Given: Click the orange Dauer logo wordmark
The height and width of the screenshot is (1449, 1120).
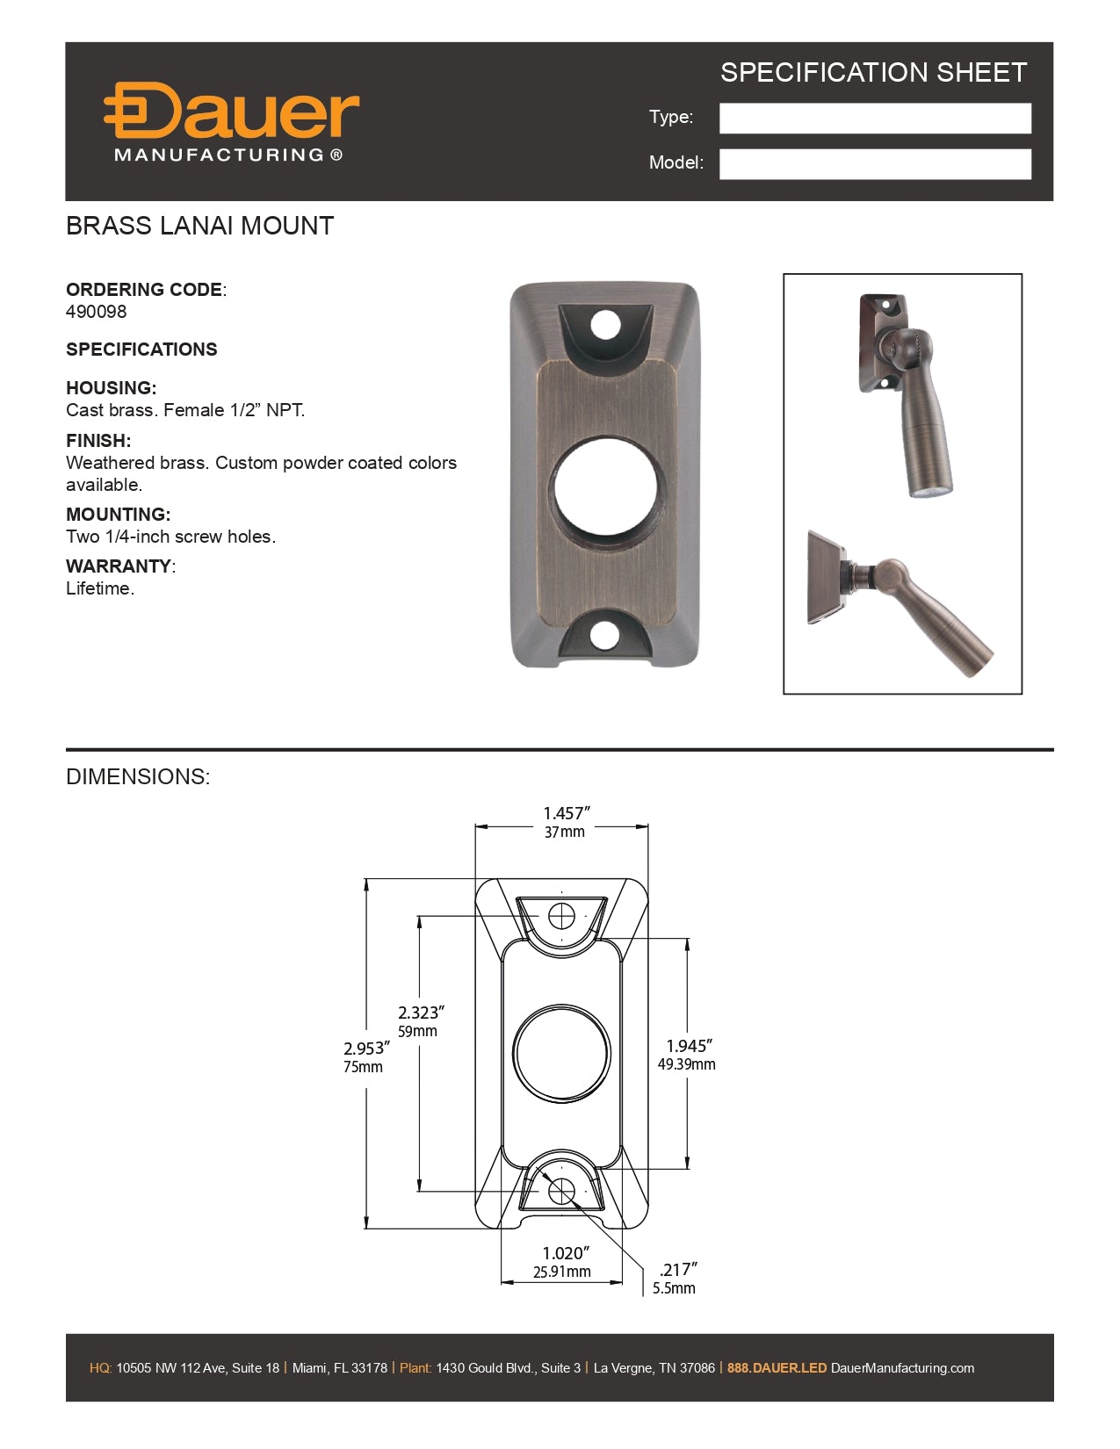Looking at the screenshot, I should (x=232, y=112).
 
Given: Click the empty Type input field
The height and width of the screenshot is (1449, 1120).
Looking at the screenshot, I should (x=875, y=119).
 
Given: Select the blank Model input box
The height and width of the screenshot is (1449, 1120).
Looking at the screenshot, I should (x=875, y=164).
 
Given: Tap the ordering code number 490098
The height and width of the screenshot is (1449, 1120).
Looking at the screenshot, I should (x=97, y=312).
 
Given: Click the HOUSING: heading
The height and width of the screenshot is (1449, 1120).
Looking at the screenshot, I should (x=111, y=388).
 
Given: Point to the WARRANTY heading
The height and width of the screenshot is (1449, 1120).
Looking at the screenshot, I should (x=119, y=566).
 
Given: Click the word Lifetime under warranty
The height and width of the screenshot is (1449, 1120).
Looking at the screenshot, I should (x=98, y=589).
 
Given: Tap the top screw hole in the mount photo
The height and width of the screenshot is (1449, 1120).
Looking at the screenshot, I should (x=605, y=325).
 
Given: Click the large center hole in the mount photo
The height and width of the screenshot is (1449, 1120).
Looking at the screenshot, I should (x=605, y=488).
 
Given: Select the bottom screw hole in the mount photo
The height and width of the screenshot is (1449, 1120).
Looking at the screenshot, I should (x=604, y=636).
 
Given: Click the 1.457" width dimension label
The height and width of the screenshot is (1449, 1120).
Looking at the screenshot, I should (x=566, y=814).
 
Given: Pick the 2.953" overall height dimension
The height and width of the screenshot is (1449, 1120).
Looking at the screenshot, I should (x=365, y=1049).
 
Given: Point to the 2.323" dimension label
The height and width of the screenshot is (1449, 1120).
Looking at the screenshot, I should (x=421, y=1013).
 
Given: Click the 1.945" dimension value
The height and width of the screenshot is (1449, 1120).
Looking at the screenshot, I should (x=689, y=1046).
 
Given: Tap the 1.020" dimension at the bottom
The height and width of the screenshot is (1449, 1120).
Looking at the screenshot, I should (x=565, y=1253).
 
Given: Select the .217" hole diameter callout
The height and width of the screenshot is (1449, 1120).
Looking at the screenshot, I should (x=677, y=1270).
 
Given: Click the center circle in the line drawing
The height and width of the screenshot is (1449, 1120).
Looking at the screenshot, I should (x=561, y=1054).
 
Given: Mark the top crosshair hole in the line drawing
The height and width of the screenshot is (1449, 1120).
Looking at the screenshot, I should (x=561, y=917).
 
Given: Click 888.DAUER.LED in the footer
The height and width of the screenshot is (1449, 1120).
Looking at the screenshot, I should (x=777, y=1368).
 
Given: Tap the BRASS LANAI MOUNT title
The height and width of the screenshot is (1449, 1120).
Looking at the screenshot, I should (x=200, y=227).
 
